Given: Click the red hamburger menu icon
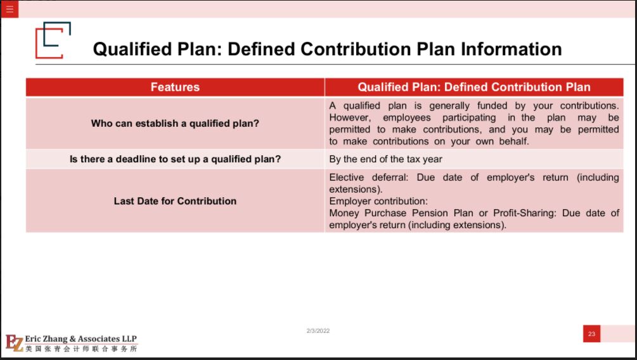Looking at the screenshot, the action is pyautogui.click(x=10, y=9).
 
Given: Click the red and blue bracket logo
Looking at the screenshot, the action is pyautogui.click(x=53, y=40).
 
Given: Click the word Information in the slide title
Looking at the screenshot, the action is pyautogui.click(x=511, y=49).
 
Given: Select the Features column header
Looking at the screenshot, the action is pyautogui.click(x=175, y=87).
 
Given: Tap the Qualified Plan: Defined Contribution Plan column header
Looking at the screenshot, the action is pyautogui.click(x=474, y=87).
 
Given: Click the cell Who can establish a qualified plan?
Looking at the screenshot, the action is pyautogui.click(x=175, y=124).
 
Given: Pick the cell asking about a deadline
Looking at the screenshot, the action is pyautogui.click(x=175, y=159).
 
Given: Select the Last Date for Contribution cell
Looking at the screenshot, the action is pyautogui.click(x=175, y=201).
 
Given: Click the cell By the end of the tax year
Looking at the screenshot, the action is pyautogui.click(x=385, y=159).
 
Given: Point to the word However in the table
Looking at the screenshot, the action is pyautogui.click(x=350, y=118).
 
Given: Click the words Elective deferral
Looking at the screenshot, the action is pyautogui.click(x=368, y=177).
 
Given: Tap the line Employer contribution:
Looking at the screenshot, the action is pyautogui.click(x=378, y=201).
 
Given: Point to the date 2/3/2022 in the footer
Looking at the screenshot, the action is pyautogui.click(x=318, y=331).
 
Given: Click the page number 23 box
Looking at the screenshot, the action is pyautogui.click(x=591, y=333).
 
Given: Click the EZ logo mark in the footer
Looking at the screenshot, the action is pyautogui.click(x=14, y=342).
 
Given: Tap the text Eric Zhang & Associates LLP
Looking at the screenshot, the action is pyautogui.click(x=81, y=338).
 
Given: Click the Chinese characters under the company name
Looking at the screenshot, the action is pyautogui.click(x=81, y=349).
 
